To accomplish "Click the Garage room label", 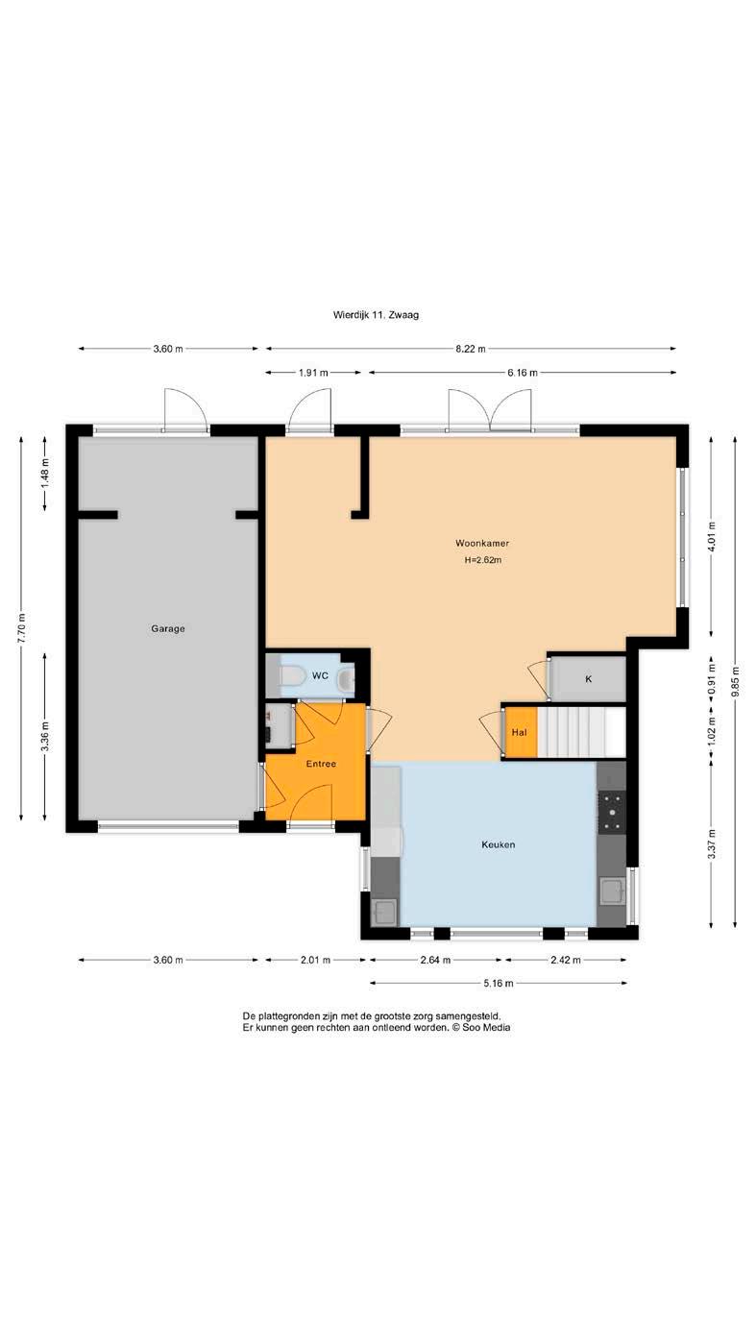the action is (168, 628).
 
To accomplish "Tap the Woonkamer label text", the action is (482, 543).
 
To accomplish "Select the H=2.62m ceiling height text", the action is (482, 560).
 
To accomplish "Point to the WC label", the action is (320, 675).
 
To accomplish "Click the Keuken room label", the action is (499, 844).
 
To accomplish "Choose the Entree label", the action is (321, 764).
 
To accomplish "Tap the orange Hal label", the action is (519, 732).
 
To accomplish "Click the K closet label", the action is (589, 678).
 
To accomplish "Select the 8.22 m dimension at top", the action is (471, 349).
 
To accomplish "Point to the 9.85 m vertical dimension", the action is (735, 681).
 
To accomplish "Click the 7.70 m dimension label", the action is (21, 628).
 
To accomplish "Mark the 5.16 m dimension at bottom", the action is (499, 984).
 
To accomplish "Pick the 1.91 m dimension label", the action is (313, 373).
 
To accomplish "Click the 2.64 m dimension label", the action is (435, 960).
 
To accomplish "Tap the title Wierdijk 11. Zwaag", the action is (376, 314).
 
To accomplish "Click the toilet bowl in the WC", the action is (292, 676).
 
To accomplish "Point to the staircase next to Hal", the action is (581, 732).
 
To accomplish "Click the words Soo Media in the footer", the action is (486, 1027).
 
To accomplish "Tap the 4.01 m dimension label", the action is (712, 537).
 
